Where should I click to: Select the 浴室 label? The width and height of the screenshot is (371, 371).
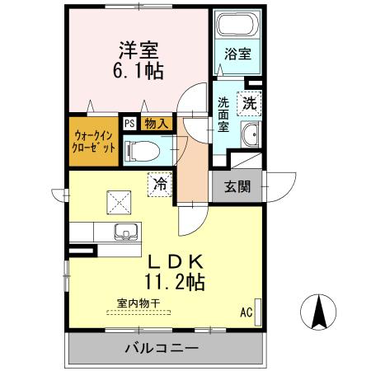click(238, 54)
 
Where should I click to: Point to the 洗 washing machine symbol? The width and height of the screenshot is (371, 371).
click(249, 104)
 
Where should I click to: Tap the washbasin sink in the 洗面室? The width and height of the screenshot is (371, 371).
click(250, 134)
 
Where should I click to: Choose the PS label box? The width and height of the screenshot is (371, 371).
click(129, 123)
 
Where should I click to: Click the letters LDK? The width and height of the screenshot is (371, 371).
click(174, 261)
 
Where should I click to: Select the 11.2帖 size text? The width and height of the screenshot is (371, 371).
click(174, 281)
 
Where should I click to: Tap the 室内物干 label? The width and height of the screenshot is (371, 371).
click(139, 303)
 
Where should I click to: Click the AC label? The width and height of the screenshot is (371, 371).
click(246, 312)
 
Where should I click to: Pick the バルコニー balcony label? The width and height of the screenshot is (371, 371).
click(162, 348)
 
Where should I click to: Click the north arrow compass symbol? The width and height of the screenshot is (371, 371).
click(321, 311)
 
